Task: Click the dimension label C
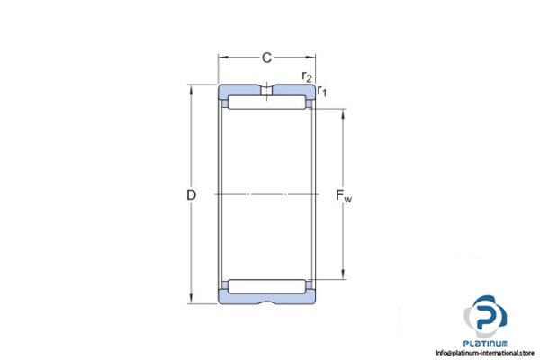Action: click(266, 58)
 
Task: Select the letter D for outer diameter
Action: click(190, 195)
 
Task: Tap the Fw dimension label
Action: click(344, 195)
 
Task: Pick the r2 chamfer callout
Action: click(308, 76)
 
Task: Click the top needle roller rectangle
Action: click(267, 105)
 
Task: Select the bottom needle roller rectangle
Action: click(267, 286)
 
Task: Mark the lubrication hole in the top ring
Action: click(267, 91)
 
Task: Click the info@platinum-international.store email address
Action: click(484, 353)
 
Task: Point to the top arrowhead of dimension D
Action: click(190, 89)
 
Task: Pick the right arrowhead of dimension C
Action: click(312, 58)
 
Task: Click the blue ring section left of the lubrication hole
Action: click(241, 91)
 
